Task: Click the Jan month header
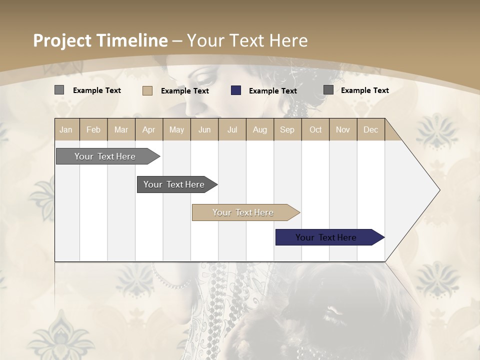pyautogui.click(x=66, y=129)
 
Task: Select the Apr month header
pyautogui.click(x=149, y=129)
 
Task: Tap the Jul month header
pyautogui.click(x=232, y=129)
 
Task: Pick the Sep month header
pyautogui.click(x=287, y=129)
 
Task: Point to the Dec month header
pyautogui.click(x=370, y=129)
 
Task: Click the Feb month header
pyautogui.click(x=93, y=129)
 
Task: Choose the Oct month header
pyautogui.click(x=315, y=129)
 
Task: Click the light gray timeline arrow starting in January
pyautogui.click(x=105, y=156)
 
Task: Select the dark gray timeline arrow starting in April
pyautogui.click(x=174, y=184)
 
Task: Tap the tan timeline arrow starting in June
pyautogui.click(x=243, y=212)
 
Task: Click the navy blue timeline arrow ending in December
pyautogui.click(x=326, y=237)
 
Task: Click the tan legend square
pyautogui.click(x=147, y=90)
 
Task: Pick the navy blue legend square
pyautogui.click(x=236, y=90)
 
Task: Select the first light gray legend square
pyautogui.click(x=59, y=90)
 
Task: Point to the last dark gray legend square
pyautogui.click(x=328, y=90)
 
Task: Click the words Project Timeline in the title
pyautogui.click(x=100, y=40)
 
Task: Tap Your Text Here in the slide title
pyautogui.click(x=247, y=40)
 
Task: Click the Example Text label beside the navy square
pyautogui.click(x=272, y=91)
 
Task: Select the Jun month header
pyautogui.click(x=204, y=129)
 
